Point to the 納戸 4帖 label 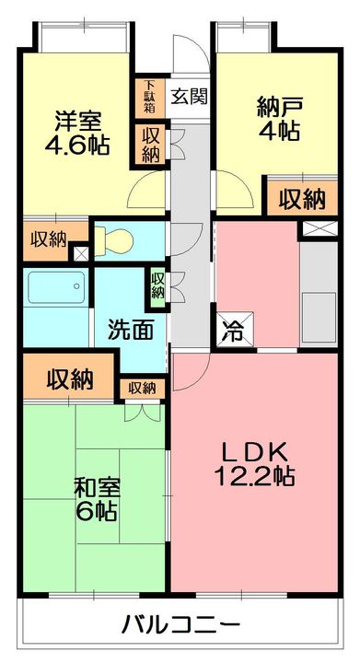tap(277, 118)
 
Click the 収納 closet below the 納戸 tap(302, 198)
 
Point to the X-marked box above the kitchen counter tap(321, 228)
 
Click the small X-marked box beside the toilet tap(80, 250)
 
